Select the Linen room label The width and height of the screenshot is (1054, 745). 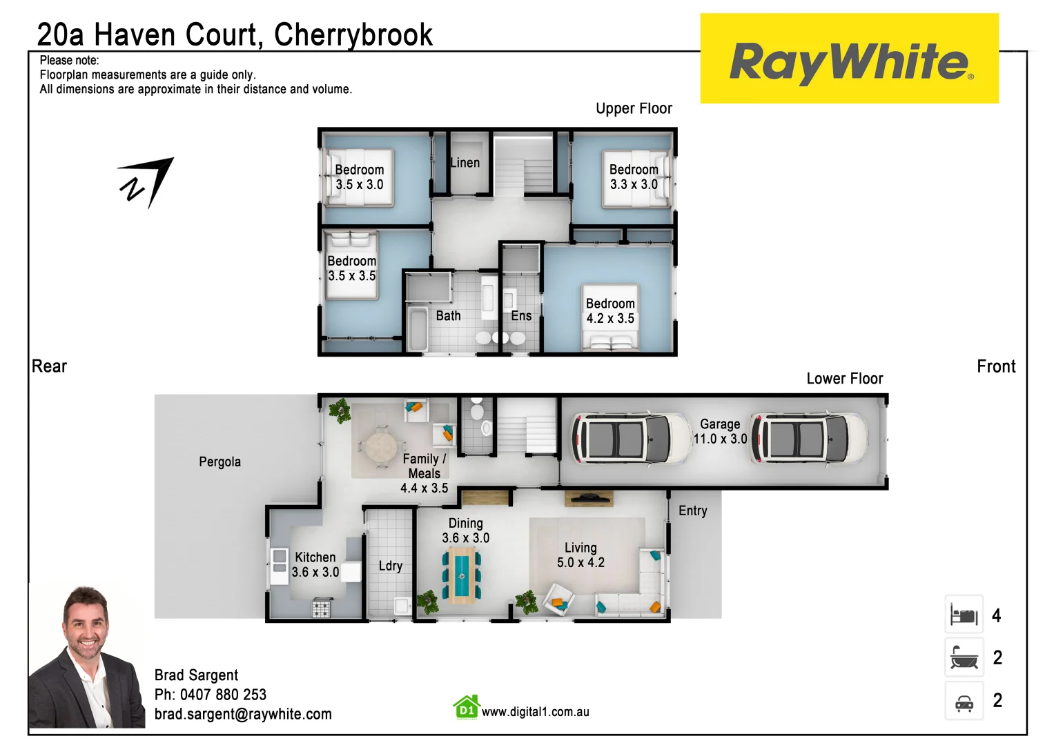[x=465, y=163]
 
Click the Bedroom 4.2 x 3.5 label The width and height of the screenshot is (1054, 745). [x=610, y=311]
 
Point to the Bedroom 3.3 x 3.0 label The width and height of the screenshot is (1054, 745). [x=634, y=177]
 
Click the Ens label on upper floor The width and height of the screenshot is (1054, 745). [x=521, y=316]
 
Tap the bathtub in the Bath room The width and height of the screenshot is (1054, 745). [x=417, y=329]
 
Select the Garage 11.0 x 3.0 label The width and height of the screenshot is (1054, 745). [x=720, y=432]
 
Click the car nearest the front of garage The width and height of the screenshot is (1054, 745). [x=809, y=439]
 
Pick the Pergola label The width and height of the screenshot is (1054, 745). [x=219, y=462]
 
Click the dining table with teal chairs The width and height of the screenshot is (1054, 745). [x=461, y=575]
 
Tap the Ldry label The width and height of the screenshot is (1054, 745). [x=390, y=566]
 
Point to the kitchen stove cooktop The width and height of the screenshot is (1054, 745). [x=321, y=608]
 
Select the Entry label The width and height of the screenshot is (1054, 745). [x=692, y=511]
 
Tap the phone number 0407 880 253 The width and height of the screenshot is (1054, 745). [x=223, y=695]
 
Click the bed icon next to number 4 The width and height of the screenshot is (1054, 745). [x=964, y=615]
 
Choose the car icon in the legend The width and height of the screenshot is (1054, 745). [x=964, y=702]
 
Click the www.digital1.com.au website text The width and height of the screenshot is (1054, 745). [x=535, y=712]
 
